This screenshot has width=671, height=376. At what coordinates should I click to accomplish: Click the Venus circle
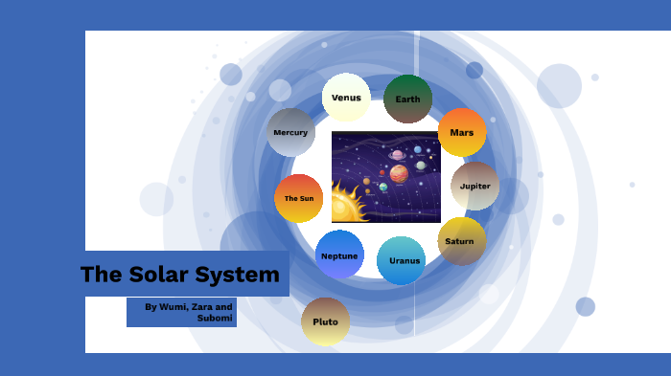coord(346,98)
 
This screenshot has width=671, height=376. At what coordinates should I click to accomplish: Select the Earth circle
coord(408,100)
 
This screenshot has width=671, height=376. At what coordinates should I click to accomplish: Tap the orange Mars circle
coord(462,133)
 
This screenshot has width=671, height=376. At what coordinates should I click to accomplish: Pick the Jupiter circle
coord(475,187)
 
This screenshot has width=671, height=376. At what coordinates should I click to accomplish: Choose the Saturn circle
coord(461,241)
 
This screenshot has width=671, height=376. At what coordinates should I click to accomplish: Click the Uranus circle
coord(402,260)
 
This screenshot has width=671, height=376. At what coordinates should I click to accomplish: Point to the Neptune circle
coord(339,255)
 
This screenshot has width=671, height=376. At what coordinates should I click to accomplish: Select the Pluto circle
coord(325,321)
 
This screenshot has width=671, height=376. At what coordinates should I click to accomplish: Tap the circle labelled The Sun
coord(298,198)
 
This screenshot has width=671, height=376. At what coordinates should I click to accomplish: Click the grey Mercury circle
coord(290,132)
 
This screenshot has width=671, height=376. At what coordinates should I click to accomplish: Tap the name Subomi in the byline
coord(215,318)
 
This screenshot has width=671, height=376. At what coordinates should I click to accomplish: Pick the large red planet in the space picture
coord(399,173)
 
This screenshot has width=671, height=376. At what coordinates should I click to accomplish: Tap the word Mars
coord(462,133)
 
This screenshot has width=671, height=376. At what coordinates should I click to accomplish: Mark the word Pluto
coord(325,321)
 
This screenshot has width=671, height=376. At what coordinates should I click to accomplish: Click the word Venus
coord(346,98)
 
